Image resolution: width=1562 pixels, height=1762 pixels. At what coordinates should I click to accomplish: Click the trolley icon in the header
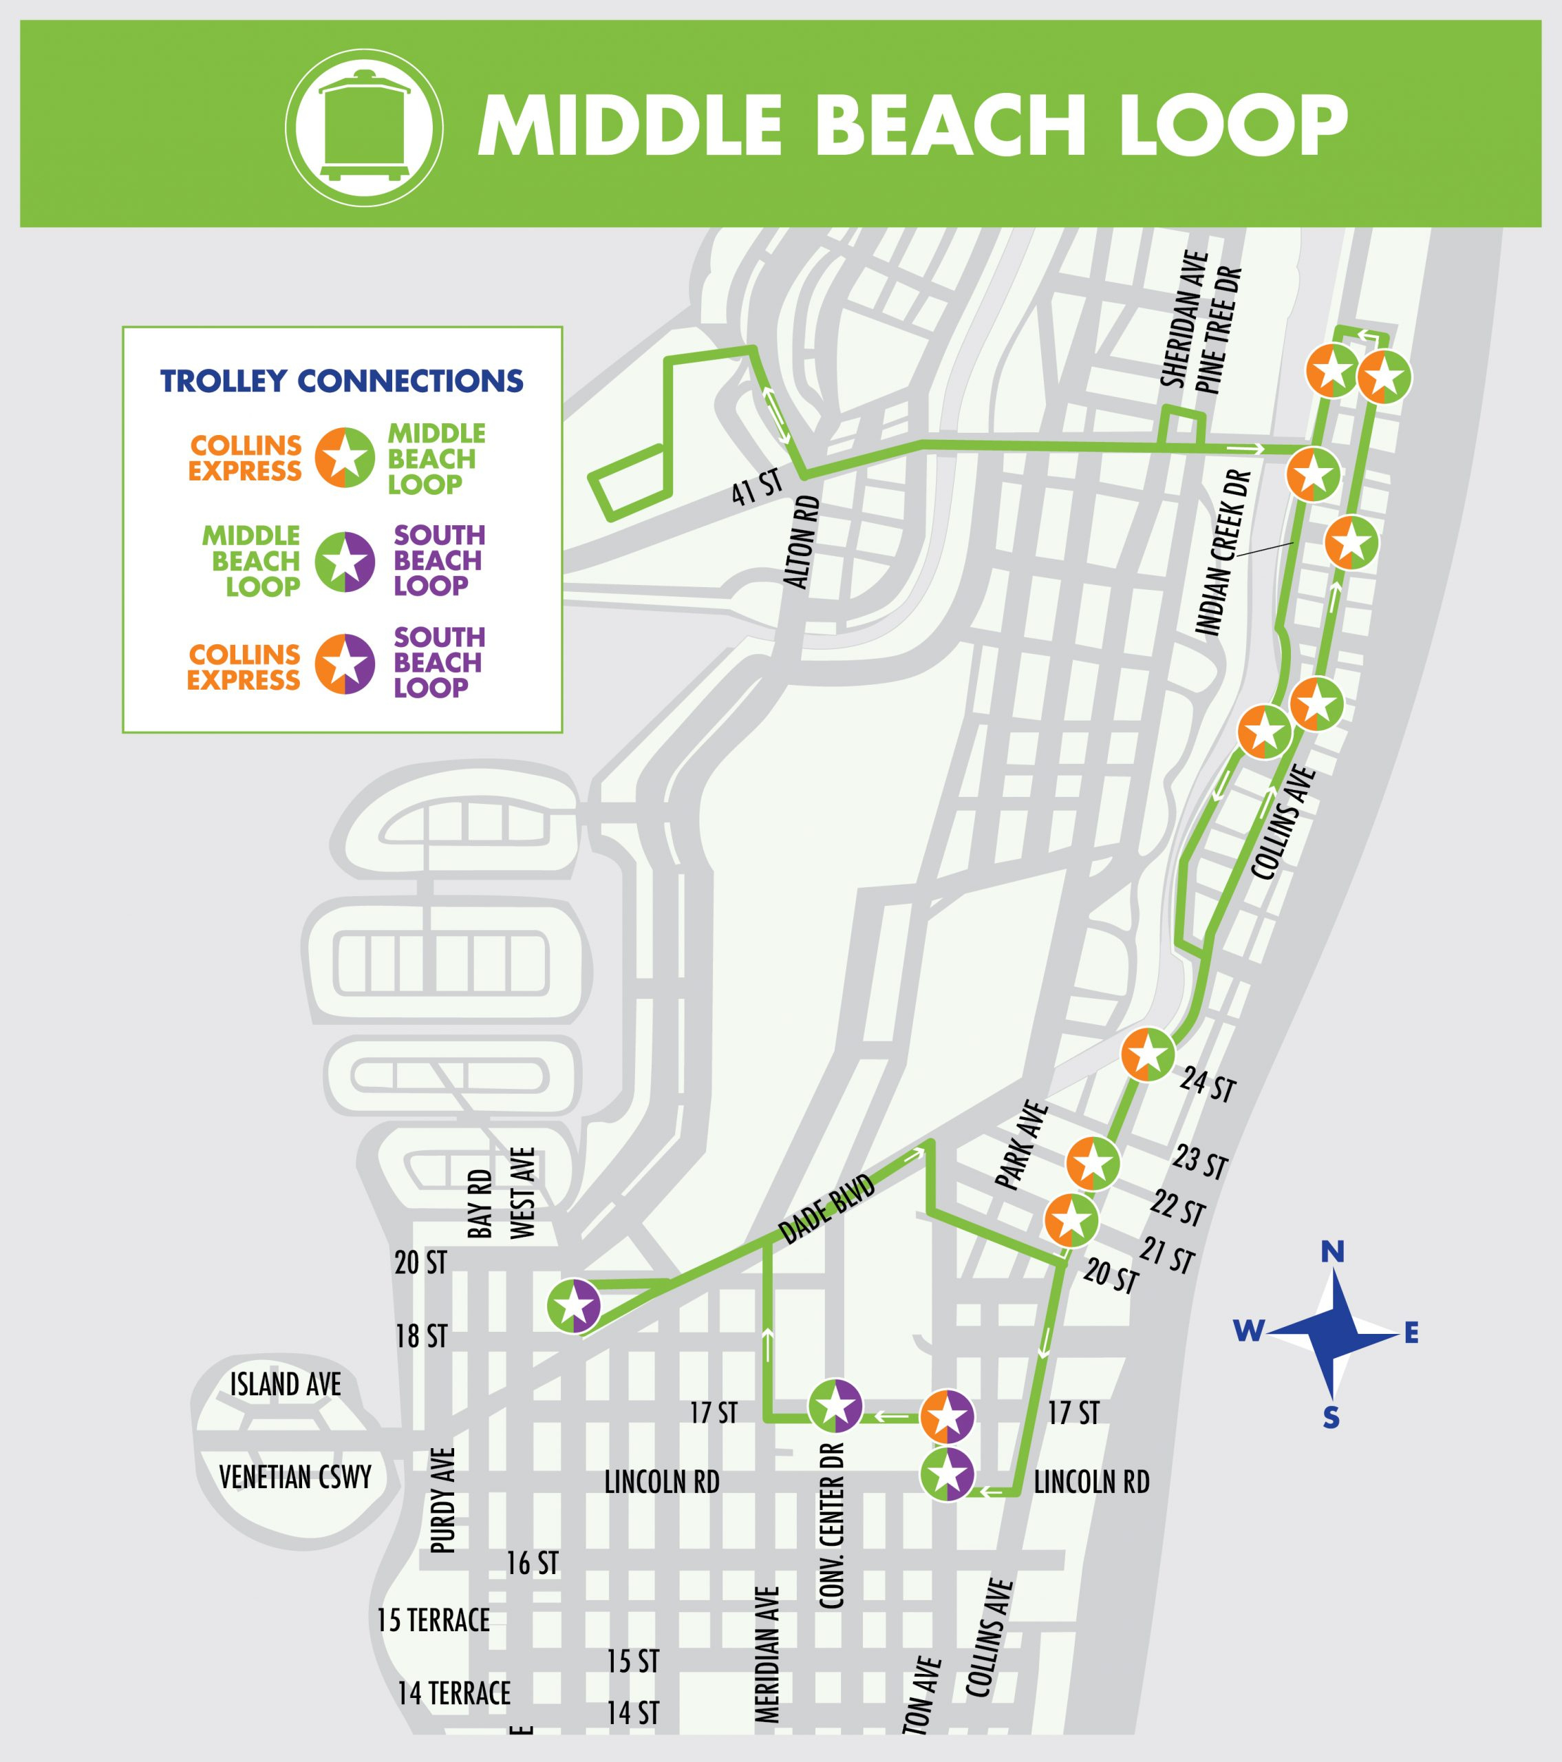[364, 126]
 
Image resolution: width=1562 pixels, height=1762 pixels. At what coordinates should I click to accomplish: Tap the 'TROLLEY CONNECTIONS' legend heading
[342, 380]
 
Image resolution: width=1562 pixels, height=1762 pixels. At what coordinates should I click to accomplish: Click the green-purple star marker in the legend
[344, 561]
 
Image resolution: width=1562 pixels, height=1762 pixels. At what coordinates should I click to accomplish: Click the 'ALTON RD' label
[799, 543]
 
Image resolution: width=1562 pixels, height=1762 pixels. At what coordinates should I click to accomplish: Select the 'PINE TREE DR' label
[1219, 331]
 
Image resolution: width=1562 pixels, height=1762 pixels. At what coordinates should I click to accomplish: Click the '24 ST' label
[1208, 1085]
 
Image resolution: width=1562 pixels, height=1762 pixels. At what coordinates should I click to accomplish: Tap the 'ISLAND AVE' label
[286, 1384]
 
